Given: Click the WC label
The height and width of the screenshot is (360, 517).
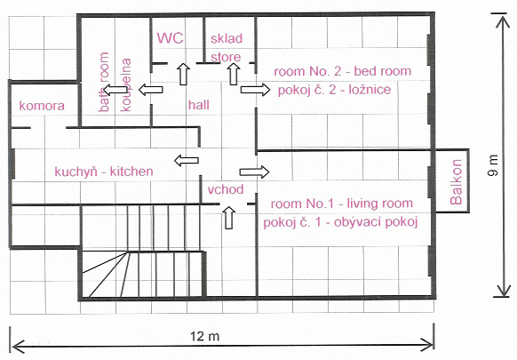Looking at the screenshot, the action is click(170, 38).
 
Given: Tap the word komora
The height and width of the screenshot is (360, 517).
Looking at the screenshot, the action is click(42, 106).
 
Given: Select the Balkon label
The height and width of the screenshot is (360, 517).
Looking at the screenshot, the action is click(456, 182).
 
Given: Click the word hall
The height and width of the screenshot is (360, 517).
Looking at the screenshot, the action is click(199, 105).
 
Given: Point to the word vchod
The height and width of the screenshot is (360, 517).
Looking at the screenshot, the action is click(226, 189).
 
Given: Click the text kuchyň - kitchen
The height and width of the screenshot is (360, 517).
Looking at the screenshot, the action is click(104, 172).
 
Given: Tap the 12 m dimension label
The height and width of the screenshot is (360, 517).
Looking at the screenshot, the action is click(204, 336).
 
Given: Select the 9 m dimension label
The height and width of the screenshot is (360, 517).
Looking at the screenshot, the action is click(494, 165).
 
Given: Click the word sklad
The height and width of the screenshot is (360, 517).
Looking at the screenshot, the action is click(227, 38).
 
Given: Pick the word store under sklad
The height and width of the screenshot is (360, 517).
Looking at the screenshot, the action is click(226, 57).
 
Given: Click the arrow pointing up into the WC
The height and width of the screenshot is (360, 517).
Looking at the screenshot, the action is click(183, 74).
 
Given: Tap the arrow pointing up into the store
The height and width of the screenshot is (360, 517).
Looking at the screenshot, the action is click(234, 74).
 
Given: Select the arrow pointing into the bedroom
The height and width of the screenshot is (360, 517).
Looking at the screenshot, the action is click(255, 90).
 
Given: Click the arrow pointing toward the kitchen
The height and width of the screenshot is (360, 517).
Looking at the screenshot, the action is click(187, 160).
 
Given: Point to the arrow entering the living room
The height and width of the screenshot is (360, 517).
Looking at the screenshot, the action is click(254, 172).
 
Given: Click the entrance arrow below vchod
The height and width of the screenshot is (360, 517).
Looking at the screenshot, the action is click(229, 218).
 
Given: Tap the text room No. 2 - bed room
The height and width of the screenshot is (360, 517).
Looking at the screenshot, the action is click(343, 71).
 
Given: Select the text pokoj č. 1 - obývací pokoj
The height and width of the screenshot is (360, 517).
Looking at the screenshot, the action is click(340, 222).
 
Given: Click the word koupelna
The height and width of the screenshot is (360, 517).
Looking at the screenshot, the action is click(125, 84).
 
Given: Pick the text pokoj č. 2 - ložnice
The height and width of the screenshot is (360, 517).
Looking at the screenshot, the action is click(334, 90).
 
